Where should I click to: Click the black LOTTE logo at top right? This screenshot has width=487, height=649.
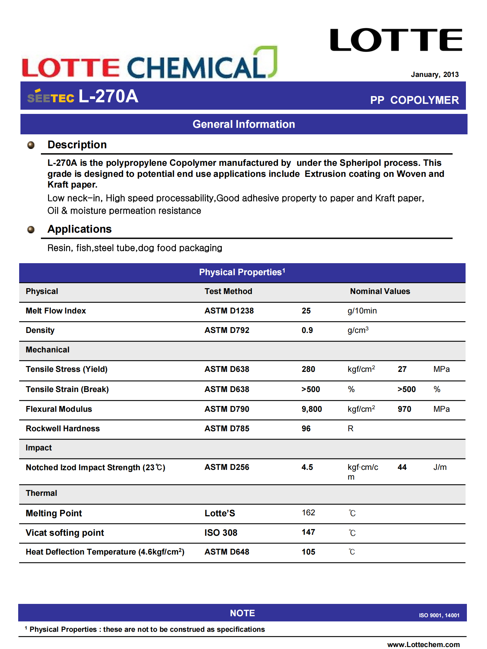pyautogui.click(x=396, y=40)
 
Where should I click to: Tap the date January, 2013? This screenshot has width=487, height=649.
pyautogui.click(x=434, y=74)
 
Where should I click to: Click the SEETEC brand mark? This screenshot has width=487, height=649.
pyautogui.click(x=51, y=97)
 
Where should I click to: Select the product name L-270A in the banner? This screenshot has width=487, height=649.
pyautogui.click(x=108, y=96)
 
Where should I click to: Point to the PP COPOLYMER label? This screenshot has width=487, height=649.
pyautogui.click(x=414, y=100)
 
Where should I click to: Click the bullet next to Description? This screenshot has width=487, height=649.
pyautogui.click(x=31, y=145)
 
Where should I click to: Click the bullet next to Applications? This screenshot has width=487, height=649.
pyautogui.click(x=31, y=230)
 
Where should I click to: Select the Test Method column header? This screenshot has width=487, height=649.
pyautogui.click(x=228, y=291)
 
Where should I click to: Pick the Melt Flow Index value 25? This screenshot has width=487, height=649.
pyautogui.click(x=306, y=311)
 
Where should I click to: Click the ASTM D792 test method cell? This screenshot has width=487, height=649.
pyautogui.click(x=227, y=330)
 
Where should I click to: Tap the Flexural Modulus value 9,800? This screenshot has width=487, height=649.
pyautogui.click(x=311, y=409)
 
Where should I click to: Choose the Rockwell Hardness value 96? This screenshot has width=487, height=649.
pyautogui.click(x=306, y=428)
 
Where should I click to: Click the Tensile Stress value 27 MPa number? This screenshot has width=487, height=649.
pyautogui.click(x=402, y=369)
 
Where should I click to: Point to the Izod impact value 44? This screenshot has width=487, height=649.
pyautogui.click(x=402, y=467)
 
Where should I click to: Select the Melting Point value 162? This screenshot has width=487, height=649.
pyautogui.click(x=308, y=512)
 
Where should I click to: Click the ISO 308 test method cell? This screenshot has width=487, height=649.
pyautogui.click(x=221, y=533)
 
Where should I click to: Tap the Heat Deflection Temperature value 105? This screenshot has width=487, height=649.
pyautogui.click(x=308, y=552)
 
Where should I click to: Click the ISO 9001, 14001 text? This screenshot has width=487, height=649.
pyautogui.click(x=439, y=615)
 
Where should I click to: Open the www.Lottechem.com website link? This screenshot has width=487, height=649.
pyautogui.click(x=423, y=644)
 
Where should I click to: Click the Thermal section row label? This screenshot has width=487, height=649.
pyautogui.click(x=41, y=493)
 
